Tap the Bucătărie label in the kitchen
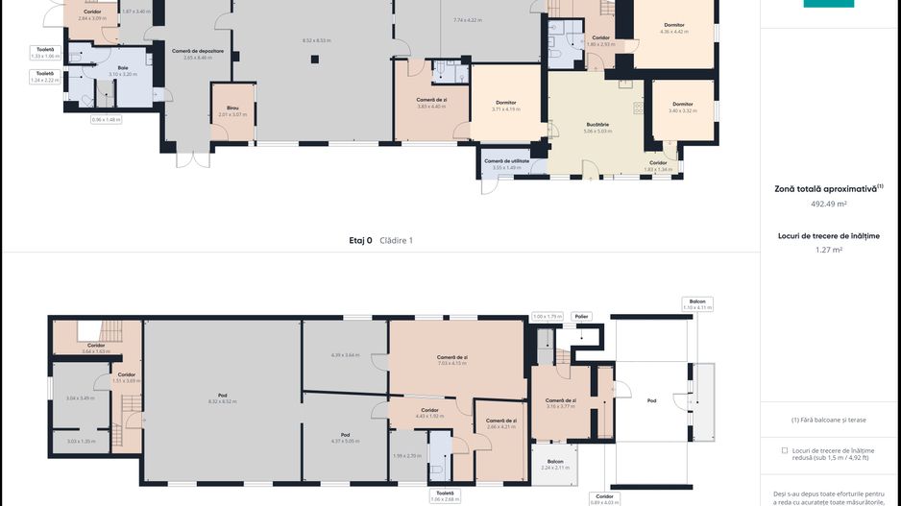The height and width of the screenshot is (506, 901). pos(597,127)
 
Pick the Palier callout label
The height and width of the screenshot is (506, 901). pos(581,316)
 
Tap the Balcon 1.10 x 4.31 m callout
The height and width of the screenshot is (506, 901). pos(697,303)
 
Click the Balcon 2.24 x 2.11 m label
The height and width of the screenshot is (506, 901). pos(554,464)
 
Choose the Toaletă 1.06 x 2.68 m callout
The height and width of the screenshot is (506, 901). pos(444,495)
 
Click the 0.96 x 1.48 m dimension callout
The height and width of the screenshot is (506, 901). pos(106,119)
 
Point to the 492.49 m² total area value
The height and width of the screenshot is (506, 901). pos(828,204)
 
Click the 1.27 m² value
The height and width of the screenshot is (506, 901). pos(828,250)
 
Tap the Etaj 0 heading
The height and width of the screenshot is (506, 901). pos(360,240)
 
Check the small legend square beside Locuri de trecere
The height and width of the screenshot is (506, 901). pos(784,449)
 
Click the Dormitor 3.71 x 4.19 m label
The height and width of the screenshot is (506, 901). pos(506,106)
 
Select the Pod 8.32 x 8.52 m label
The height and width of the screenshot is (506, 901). pos(222,398)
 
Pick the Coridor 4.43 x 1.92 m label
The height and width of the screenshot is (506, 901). pos(429,413)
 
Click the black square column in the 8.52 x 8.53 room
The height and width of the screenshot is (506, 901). pos(315,60)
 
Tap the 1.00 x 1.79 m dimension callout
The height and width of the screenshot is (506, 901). pos(547,316)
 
